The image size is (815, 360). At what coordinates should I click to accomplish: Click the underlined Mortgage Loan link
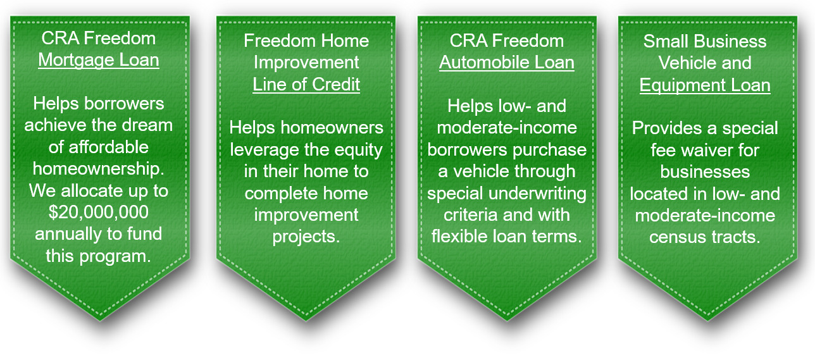coord(99,60)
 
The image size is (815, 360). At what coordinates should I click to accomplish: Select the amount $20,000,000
coord(99,213)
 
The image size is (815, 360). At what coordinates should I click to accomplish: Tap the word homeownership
coord(99,169)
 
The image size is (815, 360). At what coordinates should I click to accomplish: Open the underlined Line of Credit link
coord(306,84)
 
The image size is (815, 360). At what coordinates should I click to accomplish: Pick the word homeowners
coord(332,128)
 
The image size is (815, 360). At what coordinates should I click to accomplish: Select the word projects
coord(306,237)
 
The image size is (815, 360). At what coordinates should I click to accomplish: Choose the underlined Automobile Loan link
coord(507,63)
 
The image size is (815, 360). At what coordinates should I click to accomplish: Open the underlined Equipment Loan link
coord(705,85)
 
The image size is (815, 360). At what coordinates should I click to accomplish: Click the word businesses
coord(705,172)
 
